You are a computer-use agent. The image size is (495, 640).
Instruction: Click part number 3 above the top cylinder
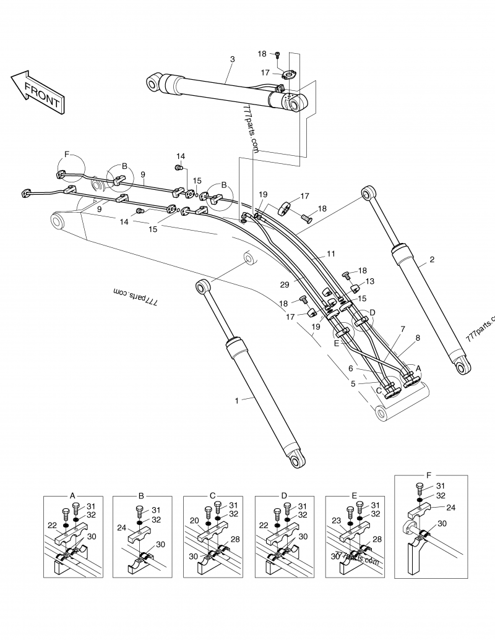click(232, 59)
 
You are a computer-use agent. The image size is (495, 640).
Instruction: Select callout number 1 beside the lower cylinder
click(236, 401)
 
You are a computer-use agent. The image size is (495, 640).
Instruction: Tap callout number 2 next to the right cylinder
click(431, 259)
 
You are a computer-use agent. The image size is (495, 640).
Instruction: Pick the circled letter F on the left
click(67, 153)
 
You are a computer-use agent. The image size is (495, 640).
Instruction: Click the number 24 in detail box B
click(122, 528)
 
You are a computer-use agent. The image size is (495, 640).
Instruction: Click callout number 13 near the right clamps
click(370, 281)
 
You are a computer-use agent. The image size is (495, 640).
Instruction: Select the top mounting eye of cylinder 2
click(370, 193)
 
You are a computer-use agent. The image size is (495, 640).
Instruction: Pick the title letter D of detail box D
click(284, 495)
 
